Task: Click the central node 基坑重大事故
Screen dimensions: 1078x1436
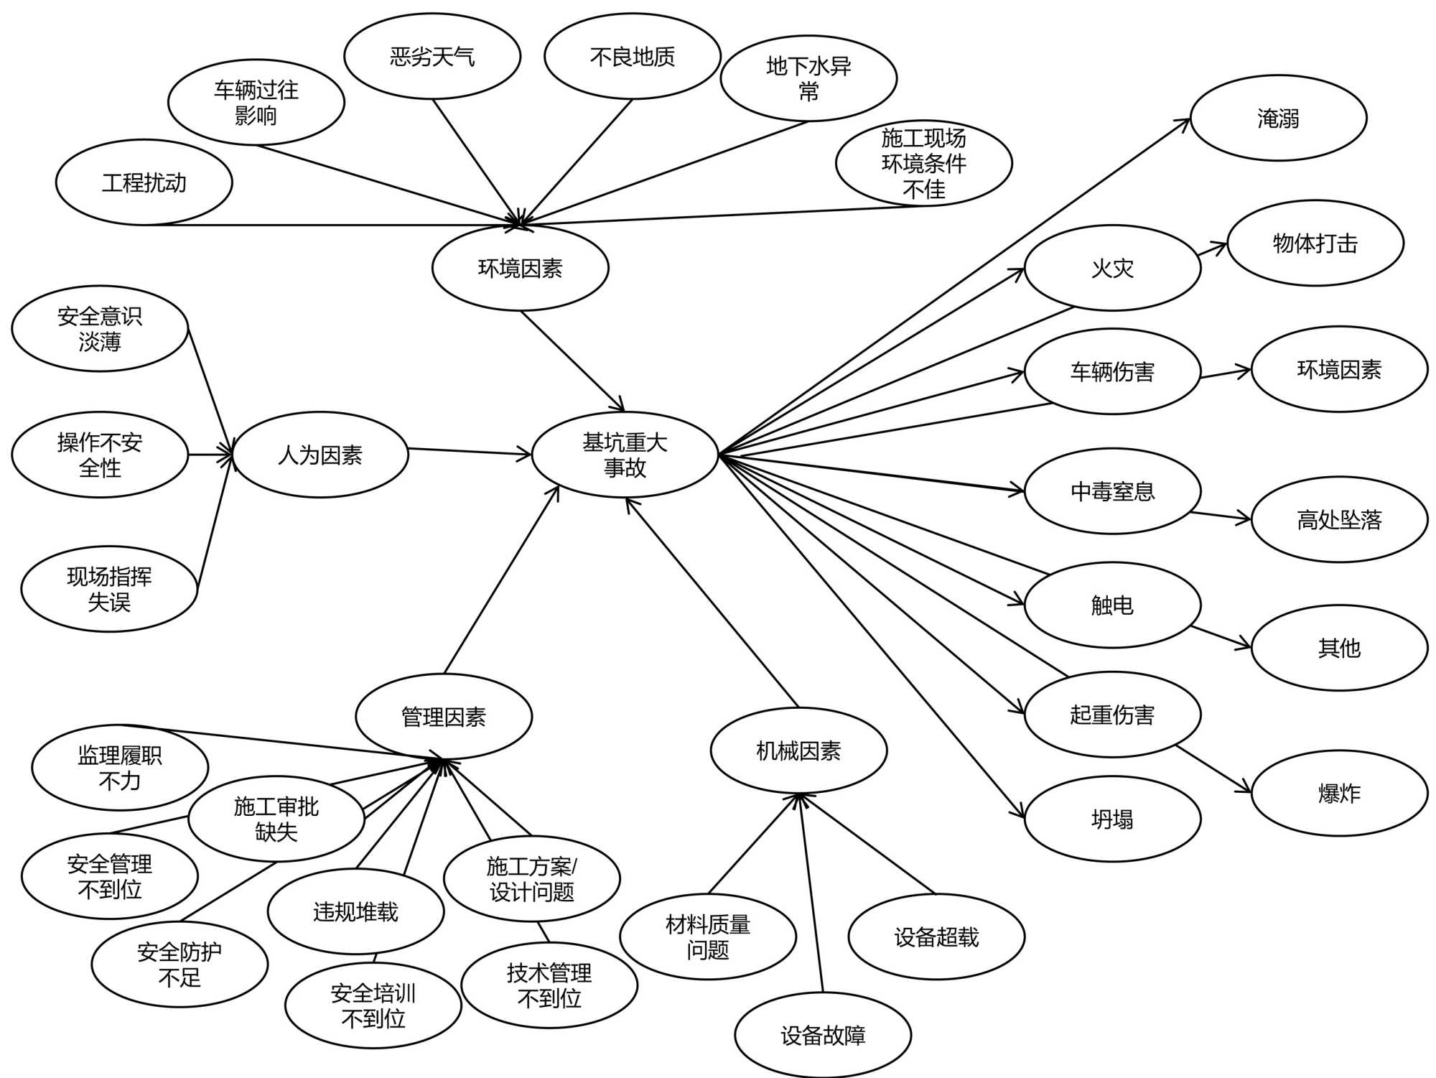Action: click(x=625, y=455)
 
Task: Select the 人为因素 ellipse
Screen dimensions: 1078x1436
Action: click(x=320, y=455)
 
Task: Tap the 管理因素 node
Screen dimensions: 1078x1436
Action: click(x=444, y=716)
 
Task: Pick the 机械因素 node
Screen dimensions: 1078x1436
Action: click(x=798, y=751)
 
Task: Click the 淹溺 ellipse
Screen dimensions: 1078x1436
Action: click(x=1278, y=118)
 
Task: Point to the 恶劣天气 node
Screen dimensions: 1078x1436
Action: click(x=432, y=56)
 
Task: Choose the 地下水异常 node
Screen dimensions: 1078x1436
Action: click(x=808, y=78)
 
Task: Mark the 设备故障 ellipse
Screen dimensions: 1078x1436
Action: click(x=823, y=1035)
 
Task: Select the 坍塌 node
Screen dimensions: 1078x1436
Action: click(x=1112, y=819)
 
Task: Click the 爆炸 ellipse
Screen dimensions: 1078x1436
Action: click(x=1339, y=793)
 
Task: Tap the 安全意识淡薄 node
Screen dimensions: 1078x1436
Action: click(x=100, y=328)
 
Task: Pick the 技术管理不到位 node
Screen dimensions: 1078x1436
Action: click(x=549, y=985)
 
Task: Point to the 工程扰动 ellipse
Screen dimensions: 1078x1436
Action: click(x=144, y=182)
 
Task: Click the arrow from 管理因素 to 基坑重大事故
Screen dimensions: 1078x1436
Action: click(x=501, y=580)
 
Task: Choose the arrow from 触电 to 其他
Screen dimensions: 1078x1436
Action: click(x=1221, y=638)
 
